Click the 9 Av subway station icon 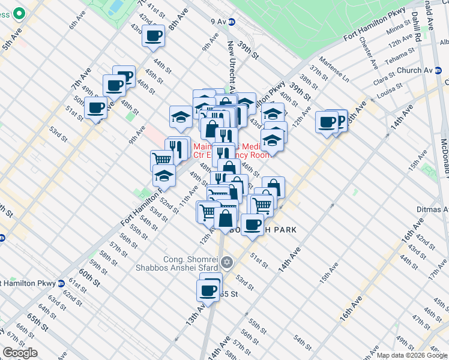(x=232, y=22)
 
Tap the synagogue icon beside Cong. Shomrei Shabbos (x=226, y=262)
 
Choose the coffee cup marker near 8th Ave (x=154, y=35)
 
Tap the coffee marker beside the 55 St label (x=208, y=290)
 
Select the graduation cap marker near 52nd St (x=163, y=175)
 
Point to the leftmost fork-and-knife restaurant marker (x=176, y=149)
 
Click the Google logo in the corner (x=20, y=353)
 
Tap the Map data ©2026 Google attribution (x=412, y=355)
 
